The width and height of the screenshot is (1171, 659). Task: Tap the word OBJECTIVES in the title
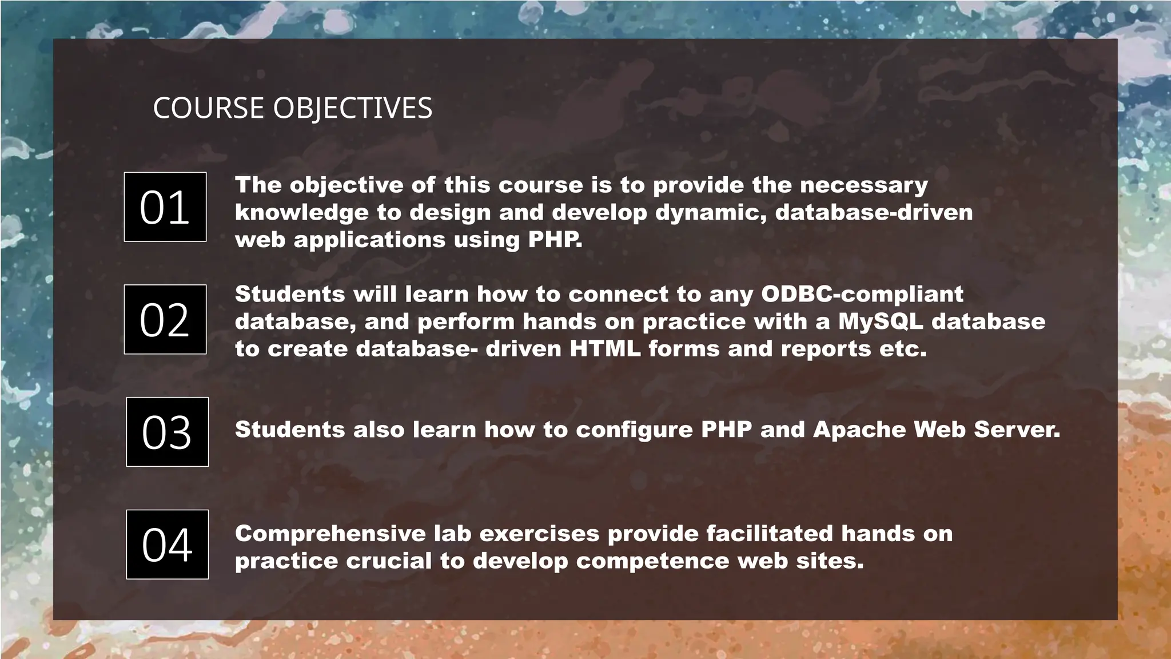click(353, 108)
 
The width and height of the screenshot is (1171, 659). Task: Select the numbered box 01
click(165, 207)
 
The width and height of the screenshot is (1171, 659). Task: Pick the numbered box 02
click(165, 319)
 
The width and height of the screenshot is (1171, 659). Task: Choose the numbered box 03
click(167, 432)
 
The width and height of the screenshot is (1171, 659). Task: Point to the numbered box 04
click(167, 544)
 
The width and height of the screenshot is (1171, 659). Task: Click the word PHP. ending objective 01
click(555, 239)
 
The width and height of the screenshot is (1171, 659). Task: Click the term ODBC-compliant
click(862, 294)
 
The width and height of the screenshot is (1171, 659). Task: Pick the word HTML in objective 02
click(605, 348)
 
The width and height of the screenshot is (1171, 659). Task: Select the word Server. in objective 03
click(1017, 430)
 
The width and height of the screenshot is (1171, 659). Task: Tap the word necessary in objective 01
click(863, 185)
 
